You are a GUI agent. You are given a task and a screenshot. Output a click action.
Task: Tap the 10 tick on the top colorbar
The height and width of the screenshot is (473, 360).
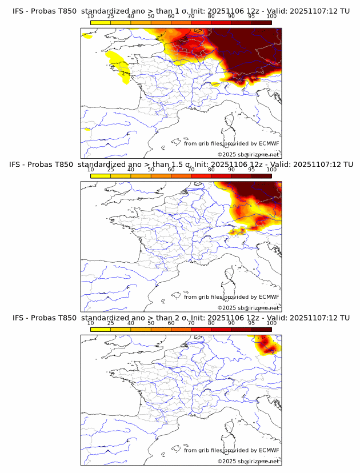[x=91, y=16]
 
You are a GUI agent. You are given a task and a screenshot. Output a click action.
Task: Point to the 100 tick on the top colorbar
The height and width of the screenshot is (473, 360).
[x=271, y=16]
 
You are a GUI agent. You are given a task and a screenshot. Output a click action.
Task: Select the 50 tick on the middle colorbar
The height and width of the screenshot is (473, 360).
[x=151, y=170]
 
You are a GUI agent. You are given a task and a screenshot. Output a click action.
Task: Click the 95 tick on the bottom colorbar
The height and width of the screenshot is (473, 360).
[x=251, y=323]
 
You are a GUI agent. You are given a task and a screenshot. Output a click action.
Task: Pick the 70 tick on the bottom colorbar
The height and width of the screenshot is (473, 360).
[x=191, y=323]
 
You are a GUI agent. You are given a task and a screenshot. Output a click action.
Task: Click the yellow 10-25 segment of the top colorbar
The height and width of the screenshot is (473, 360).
[x=101, y=22]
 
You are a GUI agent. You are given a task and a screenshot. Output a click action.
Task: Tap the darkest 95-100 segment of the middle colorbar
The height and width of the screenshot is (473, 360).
[x=261, y=176]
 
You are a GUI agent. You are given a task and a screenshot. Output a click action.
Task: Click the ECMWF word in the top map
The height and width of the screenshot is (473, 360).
[x=269, y=143]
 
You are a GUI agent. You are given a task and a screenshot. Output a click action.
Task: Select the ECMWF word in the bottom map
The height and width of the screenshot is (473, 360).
[x=269, y=450]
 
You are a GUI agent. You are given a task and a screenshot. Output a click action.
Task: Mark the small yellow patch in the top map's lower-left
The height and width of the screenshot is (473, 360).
[x=87, y=130]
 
